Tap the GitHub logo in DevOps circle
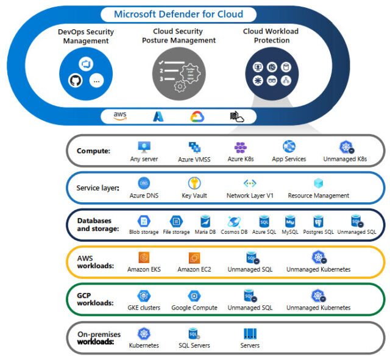(76, 80)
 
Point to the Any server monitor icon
(144, 147)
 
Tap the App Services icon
(289, 147)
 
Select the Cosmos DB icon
(235, 221)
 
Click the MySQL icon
(290, 221)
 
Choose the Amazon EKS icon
(144, 258)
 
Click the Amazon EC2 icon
(194, 258)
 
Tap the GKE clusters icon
(144, 295)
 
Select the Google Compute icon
(194, 295)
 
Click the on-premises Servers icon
(250, 334)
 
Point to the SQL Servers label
(194, 345)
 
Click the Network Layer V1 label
(250, 196)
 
